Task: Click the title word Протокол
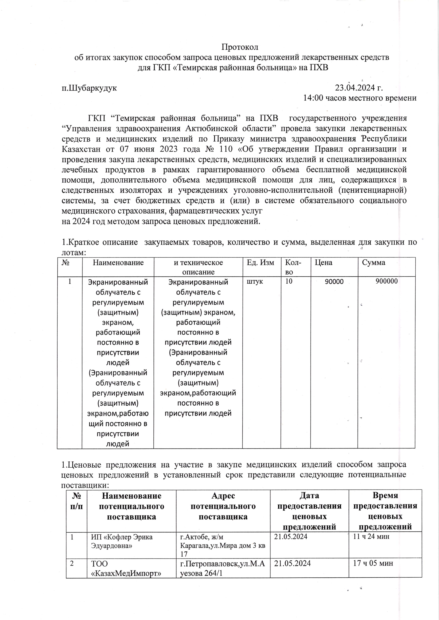pyautogui.click(x=240, y=47)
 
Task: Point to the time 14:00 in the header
pyautogui.click(x=313, y=98)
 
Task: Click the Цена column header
pyautogui.click(x=324, y=263)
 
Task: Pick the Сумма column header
pyautogui.click(x=374, y=263)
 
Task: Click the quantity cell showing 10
pyautogui.click(x=289, y=282)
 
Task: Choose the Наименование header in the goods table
pyautogui.click(x=118, y=263)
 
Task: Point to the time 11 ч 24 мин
pyautogui.click(x=371, y=537)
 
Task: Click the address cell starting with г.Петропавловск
pyautogui.click(x=223, y=568)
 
